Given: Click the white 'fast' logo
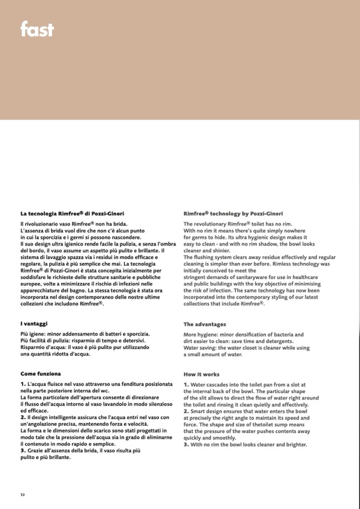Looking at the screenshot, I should [x=37, y=29].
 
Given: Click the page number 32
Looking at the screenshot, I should [x=23, y=495].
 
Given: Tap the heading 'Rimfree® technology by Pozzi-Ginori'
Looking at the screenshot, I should [x=233, y=213].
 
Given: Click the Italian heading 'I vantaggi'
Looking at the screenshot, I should [x=34, y=323].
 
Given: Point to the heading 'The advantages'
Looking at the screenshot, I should [x=204, y=324].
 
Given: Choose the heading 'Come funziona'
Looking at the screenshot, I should [x=41, y=373].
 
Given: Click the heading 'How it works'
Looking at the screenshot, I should [x=201, y=374].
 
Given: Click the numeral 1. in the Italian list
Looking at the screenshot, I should [x=23, y=383].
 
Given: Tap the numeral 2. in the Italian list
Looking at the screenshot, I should [x=23, y=417].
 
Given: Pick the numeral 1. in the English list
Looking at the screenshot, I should [x=186, y=384].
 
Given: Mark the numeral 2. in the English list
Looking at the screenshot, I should [x=186, y=411].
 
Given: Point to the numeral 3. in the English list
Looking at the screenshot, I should [x=186, y=445].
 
